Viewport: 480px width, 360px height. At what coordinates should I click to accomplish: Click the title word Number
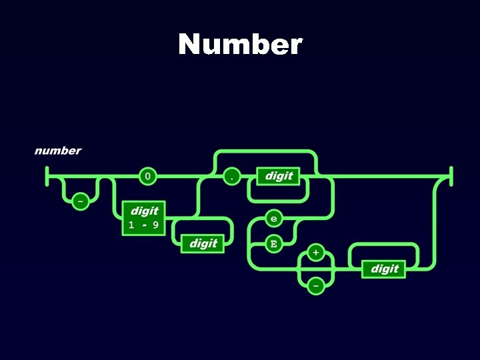click(x=240, y=45)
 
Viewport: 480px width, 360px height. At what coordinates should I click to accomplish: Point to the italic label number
click(x=58, y=151)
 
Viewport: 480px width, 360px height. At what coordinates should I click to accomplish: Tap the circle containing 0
click(x=147, y=177)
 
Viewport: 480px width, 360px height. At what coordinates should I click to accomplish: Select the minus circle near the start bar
click(x=79, y=199)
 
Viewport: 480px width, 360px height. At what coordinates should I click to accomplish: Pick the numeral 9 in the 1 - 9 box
click(x=155, y=225)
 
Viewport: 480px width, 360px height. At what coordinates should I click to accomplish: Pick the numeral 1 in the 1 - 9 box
click(x=131, y=225)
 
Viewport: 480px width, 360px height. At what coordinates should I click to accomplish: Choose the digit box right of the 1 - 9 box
click(x=203, y=243)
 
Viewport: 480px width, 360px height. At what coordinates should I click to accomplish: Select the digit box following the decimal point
click(x=279, y=176)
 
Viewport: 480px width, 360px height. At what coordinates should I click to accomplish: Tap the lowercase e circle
click(x=273, y=218)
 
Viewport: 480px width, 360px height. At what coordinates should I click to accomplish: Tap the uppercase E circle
click(x=273, y=243)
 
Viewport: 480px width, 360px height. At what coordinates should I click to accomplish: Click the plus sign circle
click(x=315, y=253)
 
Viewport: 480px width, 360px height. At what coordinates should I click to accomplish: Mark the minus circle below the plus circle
click(x=315, y=285)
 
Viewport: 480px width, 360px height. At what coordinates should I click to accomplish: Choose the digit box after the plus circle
click(x=385, y=269)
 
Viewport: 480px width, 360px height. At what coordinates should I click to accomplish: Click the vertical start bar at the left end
click(x=47, y=177)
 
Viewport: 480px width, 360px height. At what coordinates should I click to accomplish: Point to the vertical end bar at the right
click(x=451, y=177)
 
